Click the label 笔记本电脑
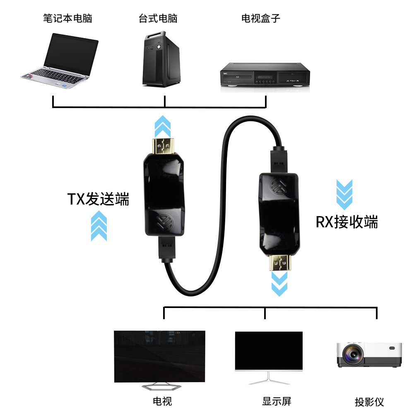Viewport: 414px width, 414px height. click(67, 19)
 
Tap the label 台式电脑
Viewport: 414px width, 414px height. click(158, 19)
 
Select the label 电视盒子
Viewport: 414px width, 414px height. click(261, 19)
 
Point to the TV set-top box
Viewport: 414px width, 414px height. click(265, 75)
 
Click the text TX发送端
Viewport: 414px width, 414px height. click(98, 200)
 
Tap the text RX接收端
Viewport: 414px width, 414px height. click(347, 222)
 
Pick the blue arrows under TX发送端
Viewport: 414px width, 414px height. click(99, 225)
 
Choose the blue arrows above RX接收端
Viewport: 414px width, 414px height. click(344, 194)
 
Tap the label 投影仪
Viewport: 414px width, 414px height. click(369, 402)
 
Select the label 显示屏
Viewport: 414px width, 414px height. click(277, 401)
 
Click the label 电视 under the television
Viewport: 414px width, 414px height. click(162, 401)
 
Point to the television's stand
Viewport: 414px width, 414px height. click(162, 387)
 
